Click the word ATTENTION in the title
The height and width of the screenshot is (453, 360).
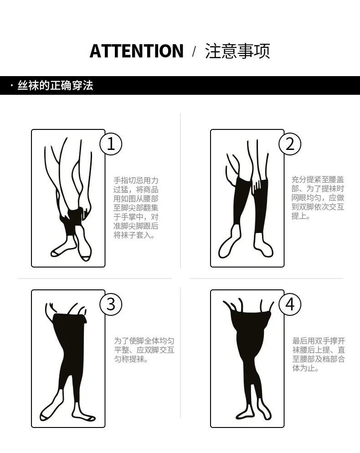(136, 51)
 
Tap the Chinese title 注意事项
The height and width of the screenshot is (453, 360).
(237, 51)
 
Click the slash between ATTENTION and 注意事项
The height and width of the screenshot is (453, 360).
(194, 51)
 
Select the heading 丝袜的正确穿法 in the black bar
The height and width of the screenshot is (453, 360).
(55, 86)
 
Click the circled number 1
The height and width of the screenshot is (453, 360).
(111, 144)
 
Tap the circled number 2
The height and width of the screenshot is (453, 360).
(290, 144)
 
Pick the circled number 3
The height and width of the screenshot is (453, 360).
(111, 304)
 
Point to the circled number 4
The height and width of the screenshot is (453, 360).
(290, 304)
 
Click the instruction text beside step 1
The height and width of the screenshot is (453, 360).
(136, 208)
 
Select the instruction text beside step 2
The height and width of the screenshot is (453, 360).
(318, 198)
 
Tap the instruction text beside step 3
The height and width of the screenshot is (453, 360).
(144, 350)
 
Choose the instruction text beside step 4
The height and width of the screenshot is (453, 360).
(319, 355)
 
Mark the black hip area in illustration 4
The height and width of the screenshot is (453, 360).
(252, 338)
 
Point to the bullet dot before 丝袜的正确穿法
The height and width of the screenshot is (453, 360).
(12, 86)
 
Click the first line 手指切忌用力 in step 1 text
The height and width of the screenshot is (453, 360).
(136, 180)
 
